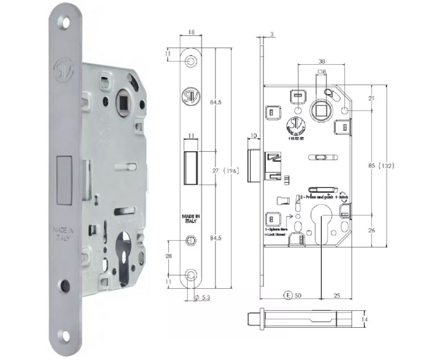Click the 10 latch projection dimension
tap(253, 135)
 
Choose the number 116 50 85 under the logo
tap(297, 139)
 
